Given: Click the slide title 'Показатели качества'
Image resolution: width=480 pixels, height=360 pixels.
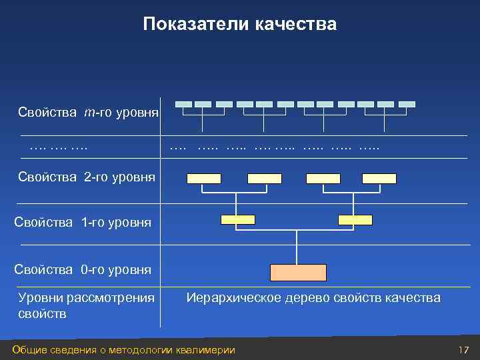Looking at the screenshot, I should (x=240, y=25).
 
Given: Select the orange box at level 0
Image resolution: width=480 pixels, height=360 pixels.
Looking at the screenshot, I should (x=298, y=272).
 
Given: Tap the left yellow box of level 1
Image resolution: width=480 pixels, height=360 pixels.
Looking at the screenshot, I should (x=237, y=219).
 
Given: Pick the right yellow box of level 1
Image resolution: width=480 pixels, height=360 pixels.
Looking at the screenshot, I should (x=355, y=219).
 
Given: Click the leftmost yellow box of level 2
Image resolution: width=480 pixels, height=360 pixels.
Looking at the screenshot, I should (x=204, y=178).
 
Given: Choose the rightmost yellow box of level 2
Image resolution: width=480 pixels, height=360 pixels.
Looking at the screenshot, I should (x=379, y=178).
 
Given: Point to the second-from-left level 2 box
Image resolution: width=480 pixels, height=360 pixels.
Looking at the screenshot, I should (x=265, y=178).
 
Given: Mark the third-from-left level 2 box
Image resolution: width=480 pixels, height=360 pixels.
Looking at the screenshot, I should (x=323, y=178).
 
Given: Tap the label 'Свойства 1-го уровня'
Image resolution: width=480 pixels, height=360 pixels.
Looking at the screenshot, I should (x=83, y=223).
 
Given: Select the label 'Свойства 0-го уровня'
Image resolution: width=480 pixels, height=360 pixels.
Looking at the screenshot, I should (x=83, y=270).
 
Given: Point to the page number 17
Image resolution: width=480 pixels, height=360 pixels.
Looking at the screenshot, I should (x=464, y=350).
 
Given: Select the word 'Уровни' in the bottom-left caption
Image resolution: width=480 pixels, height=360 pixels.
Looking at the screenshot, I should (x=38, y=297).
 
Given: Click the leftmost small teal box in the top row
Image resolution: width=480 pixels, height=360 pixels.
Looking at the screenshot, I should (x=183, y=104).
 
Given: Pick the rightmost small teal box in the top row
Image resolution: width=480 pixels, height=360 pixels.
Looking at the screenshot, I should (x=407, y=104).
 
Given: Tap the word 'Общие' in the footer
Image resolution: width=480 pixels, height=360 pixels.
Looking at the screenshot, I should (x=28, y=350).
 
